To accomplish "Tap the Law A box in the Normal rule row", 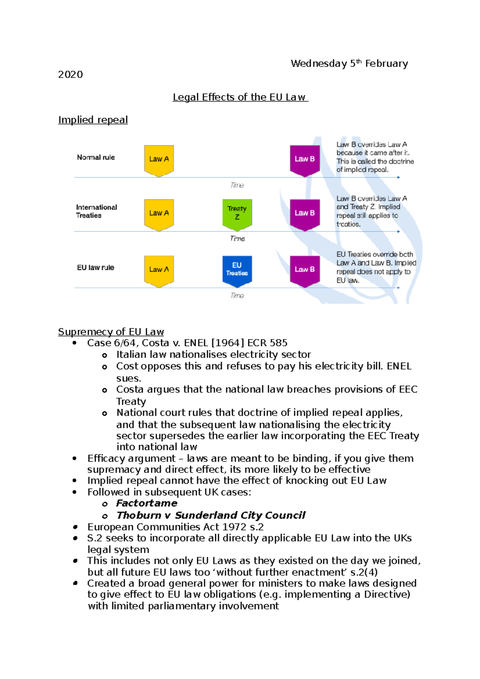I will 159,160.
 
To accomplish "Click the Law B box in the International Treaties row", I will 305,214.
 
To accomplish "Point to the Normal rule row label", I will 96,158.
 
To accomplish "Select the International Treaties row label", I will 96,211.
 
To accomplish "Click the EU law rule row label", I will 96,268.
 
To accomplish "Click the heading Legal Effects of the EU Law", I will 240,97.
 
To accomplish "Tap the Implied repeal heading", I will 93,120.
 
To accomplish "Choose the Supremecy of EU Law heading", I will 111,332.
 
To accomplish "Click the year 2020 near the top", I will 70,75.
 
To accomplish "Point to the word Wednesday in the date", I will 319,64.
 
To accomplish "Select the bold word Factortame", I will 147,503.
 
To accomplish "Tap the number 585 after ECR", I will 278,343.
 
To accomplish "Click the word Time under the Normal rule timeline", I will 237,185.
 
